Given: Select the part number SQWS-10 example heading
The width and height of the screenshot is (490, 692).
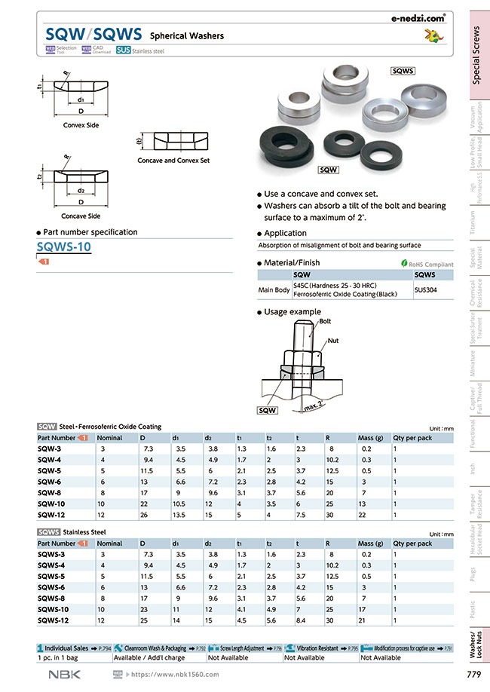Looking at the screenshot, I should (64, 246).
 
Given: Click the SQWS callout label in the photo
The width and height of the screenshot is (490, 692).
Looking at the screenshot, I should (404, 70).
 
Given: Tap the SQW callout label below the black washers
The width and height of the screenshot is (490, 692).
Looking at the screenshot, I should (328, 170).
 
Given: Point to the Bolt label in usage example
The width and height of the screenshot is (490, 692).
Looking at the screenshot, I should (325, 321).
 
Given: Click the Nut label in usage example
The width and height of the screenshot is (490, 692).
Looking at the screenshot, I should (332, 341).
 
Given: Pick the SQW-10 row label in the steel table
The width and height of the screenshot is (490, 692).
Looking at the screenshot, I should (51, 504).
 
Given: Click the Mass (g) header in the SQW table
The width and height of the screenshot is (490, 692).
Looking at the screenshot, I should (370, 437).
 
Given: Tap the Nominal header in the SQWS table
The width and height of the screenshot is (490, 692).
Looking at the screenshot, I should (110, 543).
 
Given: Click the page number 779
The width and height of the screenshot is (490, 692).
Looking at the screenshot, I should (473, 674).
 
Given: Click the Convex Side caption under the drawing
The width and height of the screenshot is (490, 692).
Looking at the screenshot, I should (81, 125).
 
